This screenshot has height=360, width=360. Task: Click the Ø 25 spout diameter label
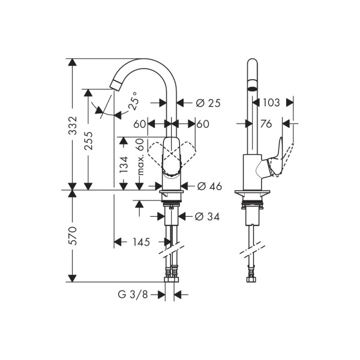point(208,103)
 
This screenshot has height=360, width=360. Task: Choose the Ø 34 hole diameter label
point(208,216)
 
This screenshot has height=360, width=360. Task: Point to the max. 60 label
point(140,157)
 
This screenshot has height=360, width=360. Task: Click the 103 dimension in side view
point(271,103)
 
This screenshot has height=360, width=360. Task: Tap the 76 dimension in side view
point(266,124)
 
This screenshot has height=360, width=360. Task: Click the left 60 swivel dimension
point(139,124)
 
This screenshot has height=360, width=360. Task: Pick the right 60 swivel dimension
point(202,124)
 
